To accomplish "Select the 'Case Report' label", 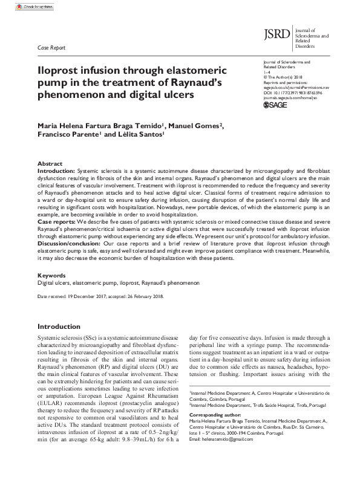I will pyautogui.click(x=51, y=47).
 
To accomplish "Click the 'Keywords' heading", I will pyautogui.click(x=51, y=275).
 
